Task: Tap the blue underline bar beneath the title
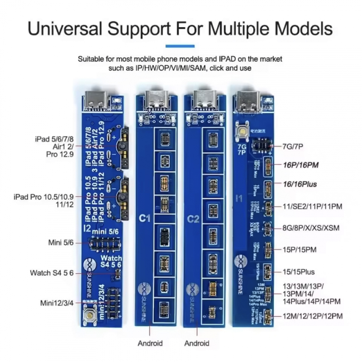[181, 45]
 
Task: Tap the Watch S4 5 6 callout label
[52, 273]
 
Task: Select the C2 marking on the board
[194, 219]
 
